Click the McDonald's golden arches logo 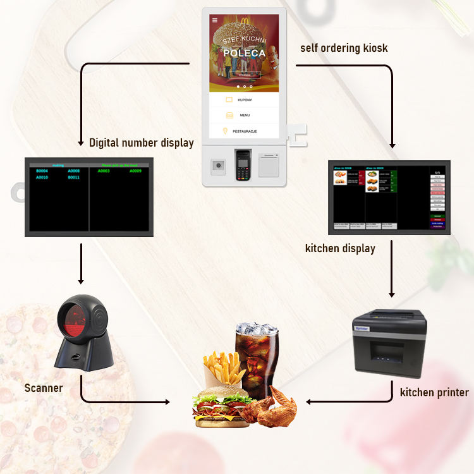[243, 23]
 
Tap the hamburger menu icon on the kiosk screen [214, 20]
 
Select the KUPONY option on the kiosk [245, 100]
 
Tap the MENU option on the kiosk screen [245, 116]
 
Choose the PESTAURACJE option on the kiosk [245, 131]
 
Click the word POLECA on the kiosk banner [245, 53]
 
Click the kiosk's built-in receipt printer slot [270, 166]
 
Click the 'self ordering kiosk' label [343, 48]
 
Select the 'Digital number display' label [142, 143]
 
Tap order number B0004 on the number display [42, 171]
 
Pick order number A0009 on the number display [135, 171]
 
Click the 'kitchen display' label [340, 248]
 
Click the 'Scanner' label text [44, 387]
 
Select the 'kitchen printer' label [434, 392]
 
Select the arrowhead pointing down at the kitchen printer [392, 294]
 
